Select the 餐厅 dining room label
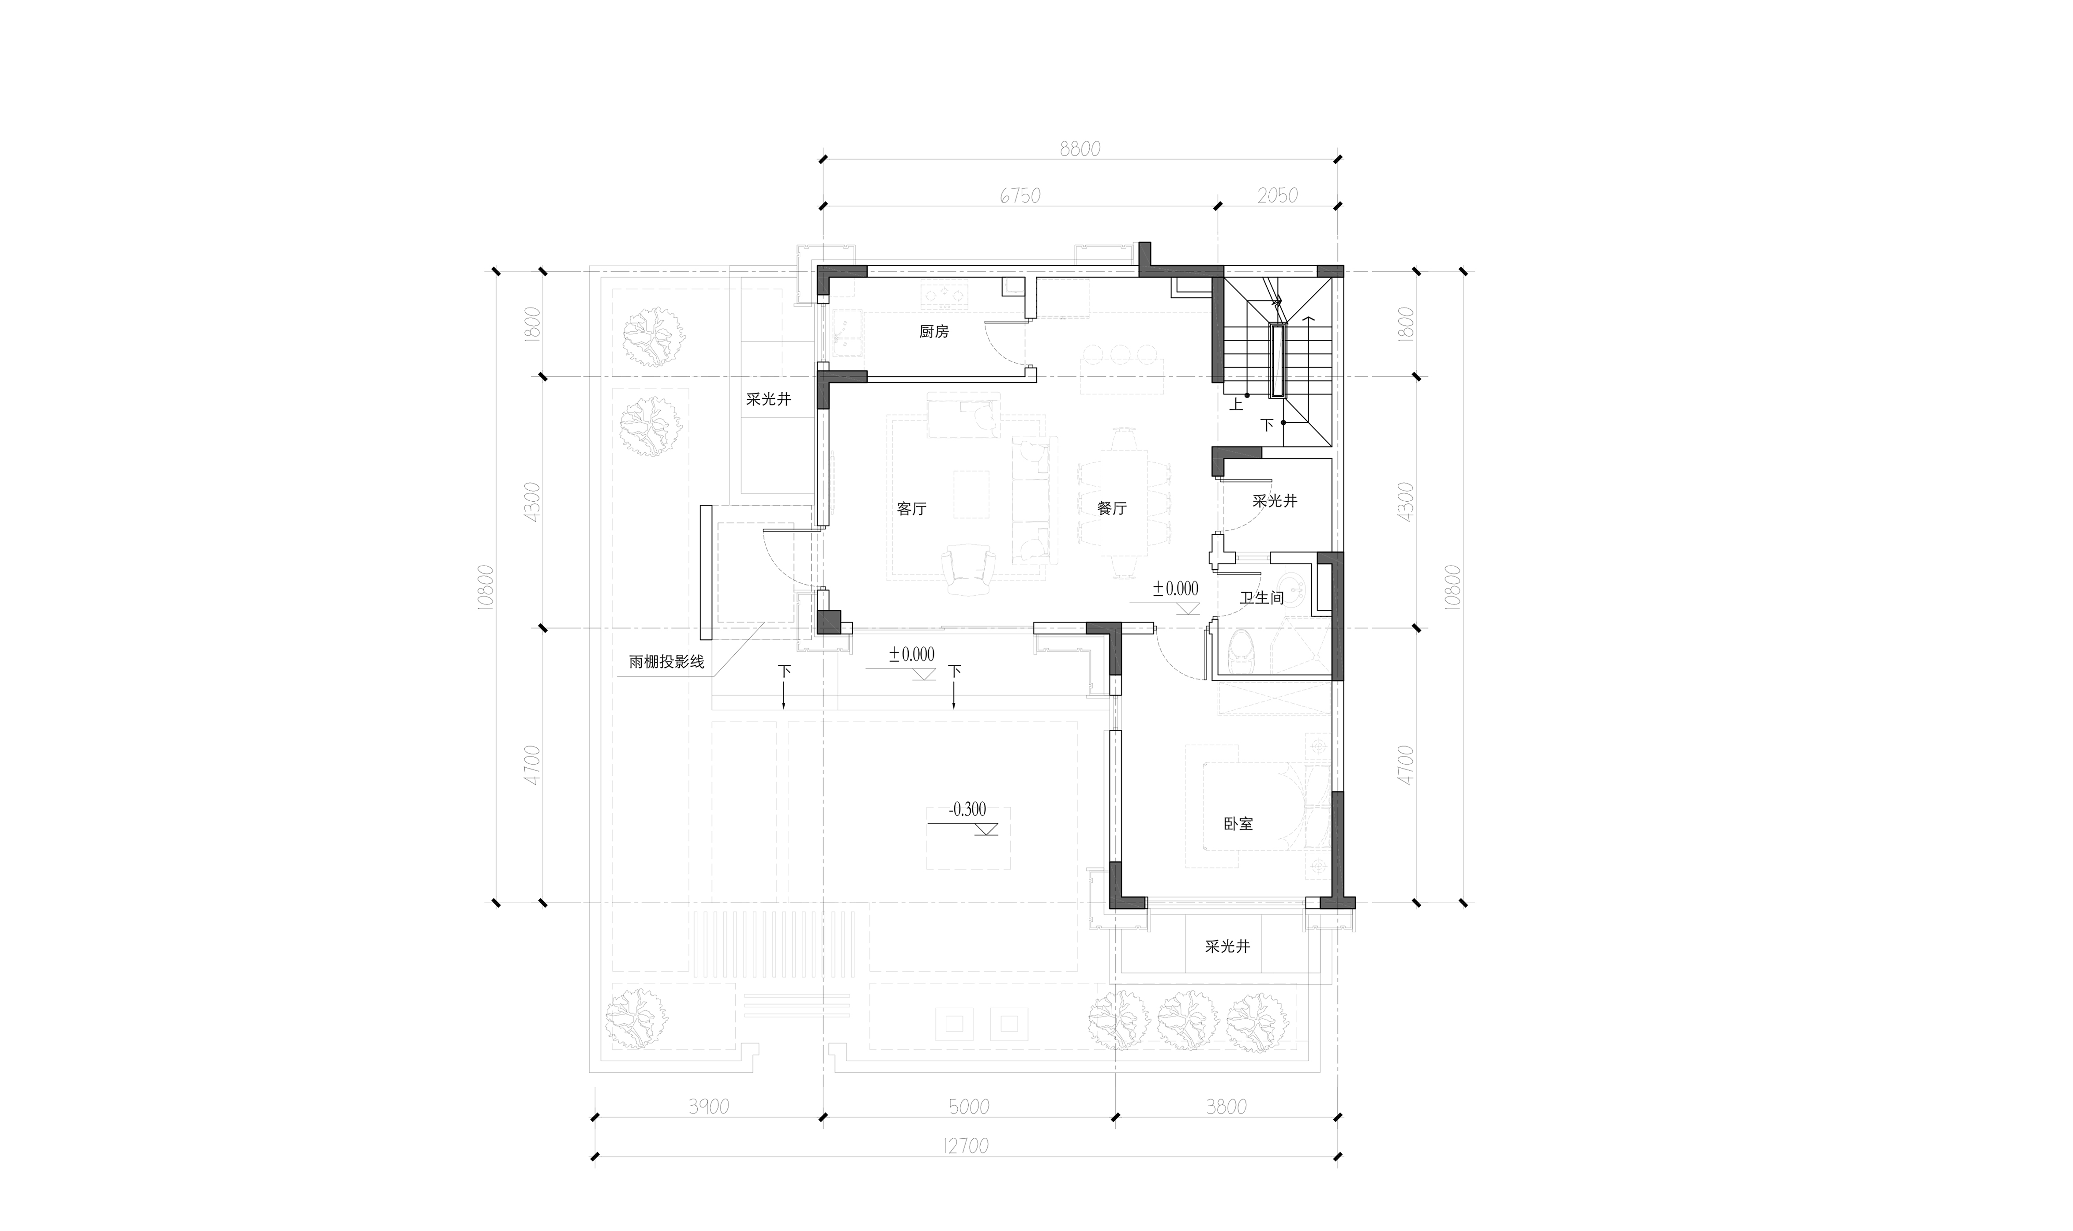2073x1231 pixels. pyautogui.click(x=1112, y=508)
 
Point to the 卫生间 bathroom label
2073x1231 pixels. pyautogui.click(x=1262, y=597)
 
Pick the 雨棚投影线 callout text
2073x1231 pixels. pyautogui.click(x=666, y=662)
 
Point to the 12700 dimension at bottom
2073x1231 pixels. pyautogui.click(x=966, y=1145)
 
